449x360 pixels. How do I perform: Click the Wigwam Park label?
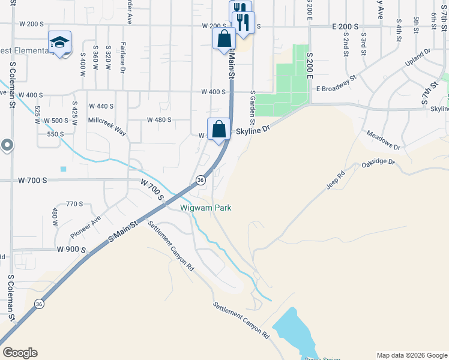click(206, 208)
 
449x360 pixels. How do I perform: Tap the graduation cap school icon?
click(59, 42)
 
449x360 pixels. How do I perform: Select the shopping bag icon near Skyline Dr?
click(219, 128)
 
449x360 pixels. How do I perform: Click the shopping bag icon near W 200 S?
click(224, 38)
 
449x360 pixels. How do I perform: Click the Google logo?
click(20, 353)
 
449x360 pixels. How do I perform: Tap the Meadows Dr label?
click(383, 141)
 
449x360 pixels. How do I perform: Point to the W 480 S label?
click(159, 119)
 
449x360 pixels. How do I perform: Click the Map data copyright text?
click(411, 355)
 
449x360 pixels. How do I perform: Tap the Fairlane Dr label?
click(122, 58)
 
